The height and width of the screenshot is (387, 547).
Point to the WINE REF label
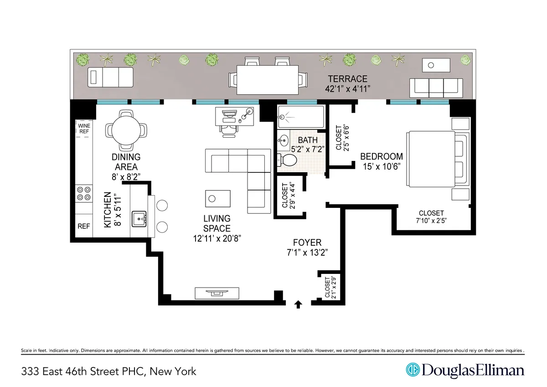point(84,128)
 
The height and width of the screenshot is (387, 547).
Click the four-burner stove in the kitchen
point(84,193)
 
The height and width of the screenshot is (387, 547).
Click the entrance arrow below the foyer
point(299,304)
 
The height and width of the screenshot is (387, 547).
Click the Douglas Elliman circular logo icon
point(413,370)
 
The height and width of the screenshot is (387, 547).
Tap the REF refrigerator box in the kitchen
point(84,226)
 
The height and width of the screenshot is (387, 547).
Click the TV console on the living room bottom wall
point(217,293)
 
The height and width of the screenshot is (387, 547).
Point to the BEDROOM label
point(381,156)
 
